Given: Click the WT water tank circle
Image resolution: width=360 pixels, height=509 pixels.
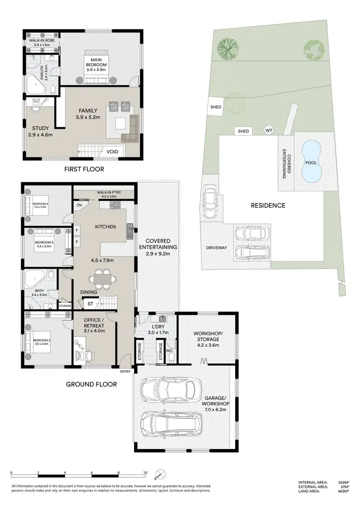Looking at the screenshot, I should (268, 130).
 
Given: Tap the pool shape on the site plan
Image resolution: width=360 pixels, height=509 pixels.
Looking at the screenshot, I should (311, 162).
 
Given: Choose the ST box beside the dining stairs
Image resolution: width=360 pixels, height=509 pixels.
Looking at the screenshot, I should (90, 303).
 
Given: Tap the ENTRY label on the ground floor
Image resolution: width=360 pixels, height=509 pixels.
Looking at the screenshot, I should (125, 371).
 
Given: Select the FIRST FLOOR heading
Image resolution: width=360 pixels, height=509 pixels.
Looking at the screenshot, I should (84, 169).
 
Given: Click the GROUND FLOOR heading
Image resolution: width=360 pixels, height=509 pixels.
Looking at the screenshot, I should (91, 384).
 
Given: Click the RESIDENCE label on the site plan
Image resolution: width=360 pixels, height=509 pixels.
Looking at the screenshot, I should (268, 205).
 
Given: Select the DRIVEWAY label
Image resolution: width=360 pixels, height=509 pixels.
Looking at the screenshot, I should (216, 248).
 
